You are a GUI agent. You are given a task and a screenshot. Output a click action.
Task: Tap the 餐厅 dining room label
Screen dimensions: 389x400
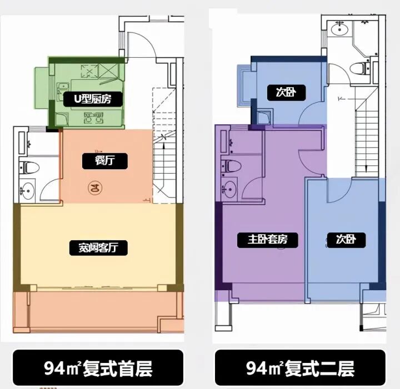104,161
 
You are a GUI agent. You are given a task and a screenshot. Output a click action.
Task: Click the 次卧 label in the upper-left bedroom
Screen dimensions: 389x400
285,92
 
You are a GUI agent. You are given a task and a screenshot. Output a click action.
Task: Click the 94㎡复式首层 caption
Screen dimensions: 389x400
98,368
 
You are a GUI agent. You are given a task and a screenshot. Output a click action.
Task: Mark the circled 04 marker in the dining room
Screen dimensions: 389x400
95,187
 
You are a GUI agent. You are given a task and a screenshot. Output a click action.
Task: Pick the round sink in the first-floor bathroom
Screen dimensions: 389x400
26,191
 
